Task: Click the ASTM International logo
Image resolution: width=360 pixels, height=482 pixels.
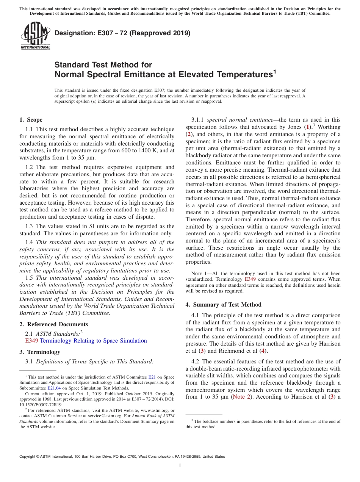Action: tap(35, 36)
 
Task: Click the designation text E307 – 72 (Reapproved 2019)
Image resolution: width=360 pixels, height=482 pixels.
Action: tap(122, 33)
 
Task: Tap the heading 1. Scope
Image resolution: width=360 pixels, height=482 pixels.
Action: tap(31, 120)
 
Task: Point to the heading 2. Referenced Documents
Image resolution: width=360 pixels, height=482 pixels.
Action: tap(53, 324)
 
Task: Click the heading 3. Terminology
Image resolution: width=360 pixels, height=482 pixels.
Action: tap(40, 352)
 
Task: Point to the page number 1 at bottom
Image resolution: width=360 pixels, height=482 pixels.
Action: tap(180, 466)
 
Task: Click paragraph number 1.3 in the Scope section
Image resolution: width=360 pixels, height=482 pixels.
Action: tap(30, 226)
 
